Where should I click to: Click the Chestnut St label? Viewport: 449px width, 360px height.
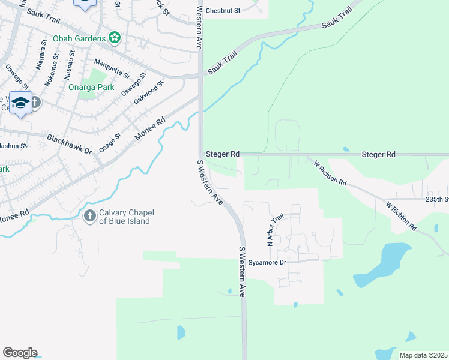(x=223, y=11)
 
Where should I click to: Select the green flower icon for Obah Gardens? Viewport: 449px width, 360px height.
(x=115, y=38)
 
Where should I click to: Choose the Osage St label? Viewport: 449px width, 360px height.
(x=110, y=143)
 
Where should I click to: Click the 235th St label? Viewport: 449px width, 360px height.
(x=437, y=199)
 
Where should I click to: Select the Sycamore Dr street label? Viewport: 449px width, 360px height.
(x=265, y=262)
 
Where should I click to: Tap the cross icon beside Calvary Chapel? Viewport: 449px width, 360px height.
(x=90, y=216)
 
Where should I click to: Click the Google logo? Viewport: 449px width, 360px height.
(x=20, y=353)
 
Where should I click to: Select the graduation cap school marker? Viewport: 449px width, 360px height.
(x=20, y=103)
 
